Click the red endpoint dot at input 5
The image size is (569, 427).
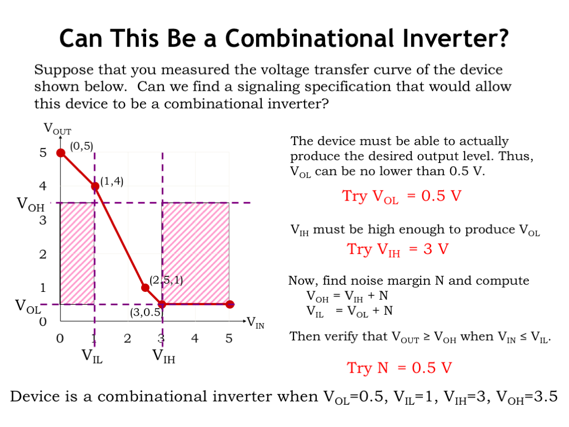(x=229, y=304)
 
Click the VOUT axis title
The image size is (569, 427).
(x=57, y=129)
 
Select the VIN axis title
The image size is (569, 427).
(x=256, y=322)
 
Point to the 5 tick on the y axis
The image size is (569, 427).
(x=43, y=152)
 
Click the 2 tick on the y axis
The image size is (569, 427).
(x=43, y=255)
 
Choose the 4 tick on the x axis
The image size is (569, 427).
(x=195, y=339)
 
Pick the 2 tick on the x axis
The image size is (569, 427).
(x=127, y=339)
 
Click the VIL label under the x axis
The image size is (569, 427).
(x=92, y=356)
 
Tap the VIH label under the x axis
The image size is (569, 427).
(x=164, y=356)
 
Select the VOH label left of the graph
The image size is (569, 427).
(x=31, y=205)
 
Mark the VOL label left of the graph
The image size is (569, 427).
(x=28, y=306)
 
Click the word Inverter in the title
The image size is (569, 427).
(x=452, y=38)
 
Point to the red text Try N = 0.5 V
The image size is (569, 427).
(x=399, y=368)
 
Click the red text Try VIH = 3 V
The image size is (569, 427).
(x=398, y=250)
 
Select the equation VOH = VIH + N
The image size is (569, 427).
(x=347, y=296)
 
